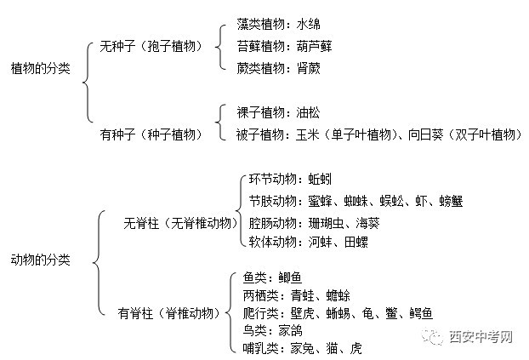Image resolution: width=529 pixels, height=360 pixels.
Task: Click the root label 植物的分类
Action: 41,68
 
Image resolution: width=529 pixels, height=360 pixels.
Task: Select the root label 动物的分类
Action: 41,260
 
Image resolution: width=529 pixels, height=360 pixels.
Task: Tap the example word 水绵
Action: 309,25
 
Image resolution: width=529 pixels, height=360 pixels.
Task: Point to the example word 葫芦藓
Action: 315,46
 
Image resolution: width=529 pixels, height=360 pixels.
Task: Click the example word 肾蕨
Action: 309,68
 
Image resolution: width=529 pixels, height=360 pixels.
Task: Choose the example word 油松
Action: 309,112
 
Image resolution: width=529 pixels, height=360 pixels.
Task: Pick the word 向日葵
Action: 426,134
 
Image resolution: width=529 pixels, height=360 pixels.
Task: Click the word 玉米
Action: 308,134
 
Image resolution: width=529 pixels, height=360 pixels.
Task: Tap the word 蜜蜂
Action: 320,201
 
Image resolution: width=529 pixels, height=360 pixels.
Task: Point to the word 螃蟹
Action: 451,201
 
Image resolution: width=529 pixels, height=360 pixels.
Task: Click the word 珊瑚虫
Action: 327,223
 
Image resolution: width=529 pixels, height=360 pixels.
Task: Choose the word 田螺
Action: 356,242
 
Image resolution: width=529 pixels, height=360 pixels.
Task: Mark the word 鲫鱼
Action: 290,277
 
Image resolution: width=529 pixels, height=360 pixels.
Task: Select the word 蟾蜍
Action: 338,295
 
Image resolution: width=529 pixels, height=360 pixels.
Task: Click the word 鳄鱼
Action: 421,313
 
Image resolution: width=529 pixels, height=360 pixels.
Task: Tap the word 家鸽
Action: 290,330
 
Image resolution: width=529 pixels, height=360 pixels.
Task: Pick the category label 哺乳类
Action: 261,348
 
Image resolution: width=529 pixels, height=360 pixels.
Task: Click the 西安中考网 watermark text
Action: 481,337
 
